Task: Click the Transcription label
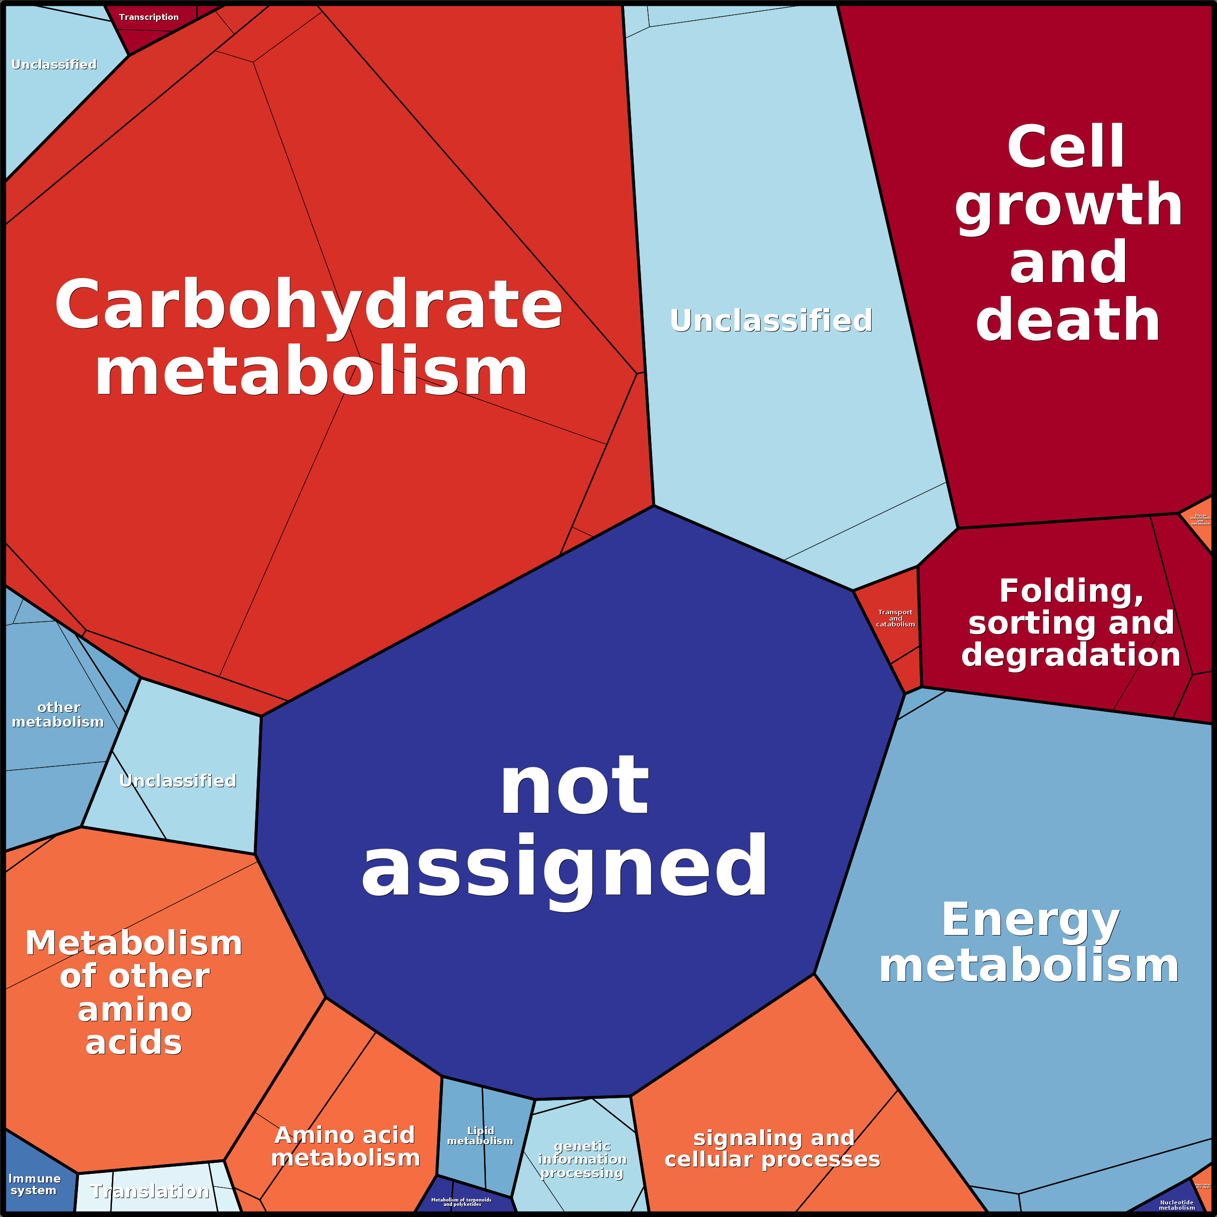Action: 149,17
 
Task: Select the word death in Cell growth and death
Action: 1068,321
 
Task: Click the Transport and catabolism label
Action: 895,618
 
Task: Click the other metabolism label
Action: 58,714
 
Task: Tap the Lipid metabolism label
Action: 480,1136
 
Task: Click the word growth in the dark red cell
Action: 1068,205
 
